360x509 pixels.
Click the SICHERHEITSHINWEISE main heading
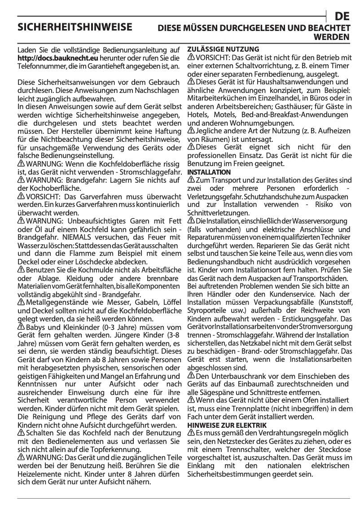coord(75,27)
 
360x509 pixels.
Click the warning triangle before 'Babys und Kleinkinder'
coord(21,326)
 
